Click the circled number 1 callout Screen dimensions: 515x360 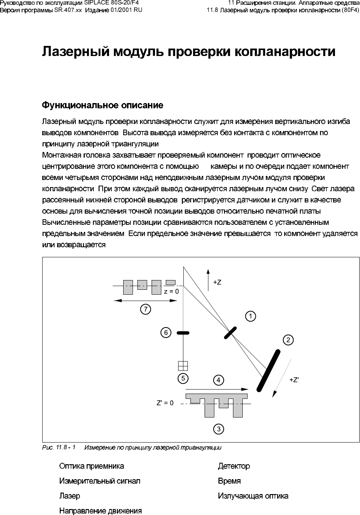(x=251, y=316)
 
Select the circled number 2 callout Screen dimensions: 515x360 (x=288, y=340)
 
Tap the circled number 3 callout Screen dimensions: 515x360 (x=218, y=429)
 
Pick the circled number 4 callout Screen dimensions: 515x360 (x=218, y=380)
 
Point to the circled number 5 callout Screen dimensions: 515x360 (x=183, y=378)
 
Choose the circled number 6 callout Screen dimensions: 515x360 (x=166, y=332)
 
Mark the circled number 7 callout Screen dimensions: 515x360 (x=145, y=309)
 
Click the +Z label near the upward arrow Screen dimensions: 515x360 (x=217, y=282)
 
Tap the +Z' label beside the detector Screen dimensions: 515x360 (x=295, y=380)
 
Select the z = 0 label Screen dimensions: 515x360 (x=171, y=291)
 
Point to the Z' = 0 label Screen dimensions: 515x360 (x=165, y=403)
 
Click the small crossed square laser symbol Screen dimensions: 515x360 (x=183, y=365)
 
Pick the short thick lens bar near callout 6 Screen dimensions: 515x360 (x=183, y=332)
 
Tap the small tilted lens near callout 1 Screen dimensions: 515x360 (x=230, y=332)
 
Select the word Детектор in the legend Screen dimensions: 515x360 (x=234, y=466)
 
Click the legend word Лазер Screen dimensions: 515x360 (x=69, y=496)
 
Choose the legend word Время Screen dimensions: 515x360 (x=229, y=481)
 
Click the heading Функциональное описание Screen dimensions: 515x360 (x=102, y=105)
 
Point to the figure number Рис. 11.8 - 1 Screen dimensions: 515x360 (x=58, y=447)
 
